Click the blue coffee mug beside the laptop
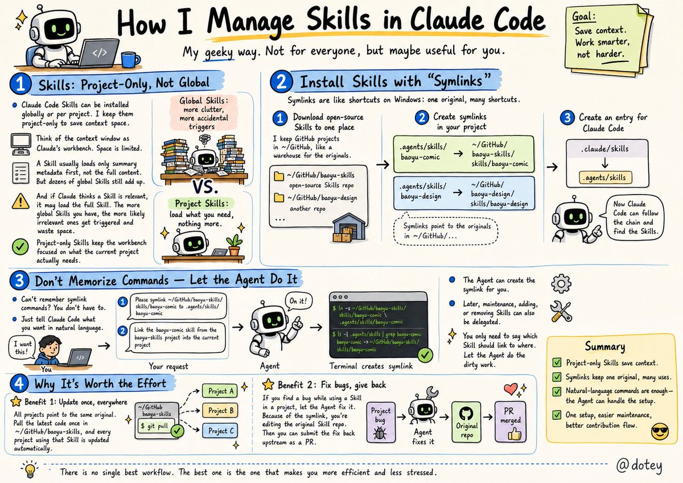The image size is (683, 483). click(x=130, y=59)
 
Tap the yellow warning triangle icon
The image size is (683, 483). click(x=20, y=201)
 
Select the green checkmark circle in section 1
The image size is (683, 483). click(x=20, y=246)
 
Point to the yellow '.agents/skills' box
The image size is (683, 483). click(x=605, y=177)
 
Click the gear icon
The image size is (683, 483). click(x=561, y=284)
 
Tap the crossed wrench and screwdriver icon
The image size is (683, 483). click(x=561, y=311)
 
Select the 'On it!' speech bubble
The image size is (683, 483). click(x=298, y=302)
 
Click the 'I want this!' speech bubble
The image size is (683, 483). click(x=22, y=348)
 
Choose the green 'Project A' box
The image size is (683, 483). click(x=220, y=391)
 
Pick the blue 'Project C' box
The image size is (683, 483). click(x=220, y=431)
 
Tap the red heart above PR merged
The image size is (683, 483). click(x=511, y=388)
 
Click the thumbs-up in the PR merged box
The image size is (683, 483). click(x=515, y=434)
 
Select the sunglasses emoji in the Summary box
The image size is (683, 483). click(x=660, y=431)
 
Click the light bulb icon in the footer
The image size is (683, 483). click(x=30, y=469)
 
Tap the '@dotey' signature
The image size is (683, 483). click(x=639, y=466)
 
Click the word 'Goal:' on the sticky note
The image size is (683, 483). click(x=583, y=16)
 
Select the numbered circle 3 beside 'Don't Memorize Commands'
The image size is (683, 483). click(x=19, y=280)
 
